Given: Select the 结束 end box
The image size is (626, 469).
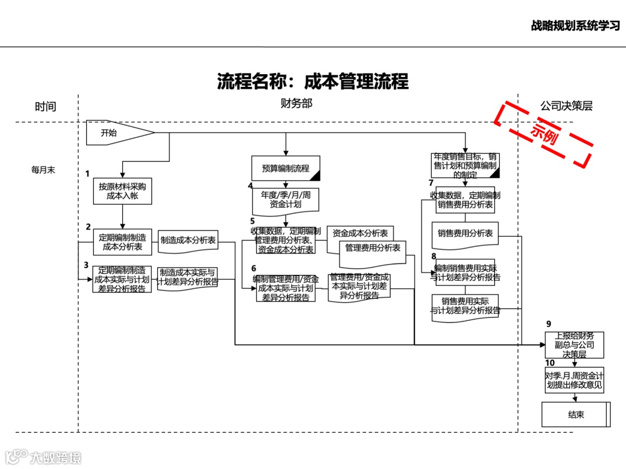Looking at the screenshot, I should pyautogui.click(x=576, y=415).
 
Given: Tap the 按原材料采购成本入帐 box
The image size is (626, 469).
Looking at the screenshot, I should pyautogui.click(x=122, y=192).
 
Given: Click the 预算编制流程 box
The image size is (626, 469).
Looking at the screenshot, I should pyautogui.click(x=285, y=168).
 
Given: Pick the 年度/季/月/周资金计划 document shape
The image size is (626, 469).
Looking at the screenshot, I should pyautogui.click(x=285, y=200).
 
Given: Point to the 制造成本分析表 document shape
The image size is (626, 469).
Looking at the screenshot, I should pyautogui.click(x=188, y=240).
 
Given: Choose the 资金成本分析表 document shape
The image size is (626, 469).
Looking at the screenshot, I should pyautogui.click(x=359, y=233).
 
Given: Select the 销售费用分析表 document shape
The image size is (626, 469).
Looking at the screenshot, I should pyautogui.click(x=465, y=233).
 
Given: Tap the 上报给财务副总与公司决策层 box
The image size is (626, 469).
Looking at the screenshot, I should pyautogui.click(x=574, y=345).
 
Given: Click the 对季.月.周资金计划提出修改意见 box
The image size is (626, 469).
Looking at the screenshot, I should pyautogui.click(x=574, y=380).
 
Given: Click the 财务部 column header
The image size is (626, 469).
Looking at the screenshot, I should pyautogui.click(x=296, y=104).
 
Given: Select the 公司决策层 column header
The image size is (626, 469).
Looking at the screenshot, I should pyautogui.click(x=566, y=106).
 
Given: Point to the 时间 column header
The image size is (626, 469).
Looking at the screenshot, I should pyautogui.click(x=45, y=107).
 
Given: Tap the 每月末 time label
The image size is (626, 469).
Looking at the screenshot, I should pyautogui.click(x=43, y=170).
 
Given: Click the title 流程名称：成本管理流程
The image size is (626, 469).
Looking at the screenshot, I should pyautogui.click(x=312, y=82).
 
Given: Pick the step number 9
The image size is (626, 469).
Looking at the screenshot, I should pyautogui.click(x=548, y=324).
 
